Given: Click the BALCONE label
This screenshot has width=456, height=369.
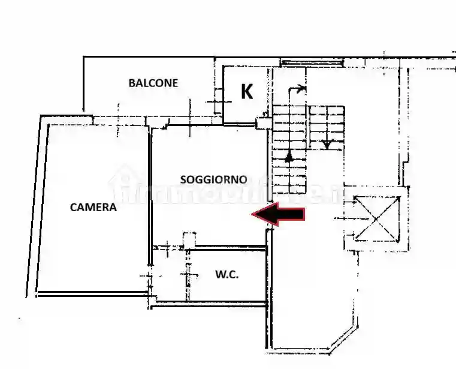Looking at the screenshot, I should click(x=153, y=83).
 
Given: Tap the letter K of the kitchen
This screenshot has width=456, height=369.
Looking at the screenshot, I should click(x=246, y=92).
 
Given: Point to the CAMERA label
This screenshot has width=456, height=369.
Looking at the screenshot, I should click(x=93, y=208).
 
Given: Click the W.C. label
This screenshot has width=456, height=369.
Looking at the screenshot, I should click(x=227, y=275).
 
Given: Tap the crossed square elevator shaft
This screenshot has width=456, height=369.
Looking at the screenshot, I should click(x=376, y=217).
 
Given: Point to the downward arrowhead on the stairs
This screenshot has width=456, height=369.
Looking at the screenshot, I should click(x=327, y=144).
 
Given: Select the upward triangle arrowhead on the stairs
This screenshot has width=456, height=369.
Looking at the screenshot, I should click(x=289, y=157).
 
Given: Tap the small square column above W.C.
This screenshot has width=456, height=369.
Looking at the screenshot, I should click(x=189, y=239).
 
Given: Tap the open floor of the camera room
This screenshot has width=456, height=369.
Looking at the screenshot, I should click(x=90, y=252).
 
